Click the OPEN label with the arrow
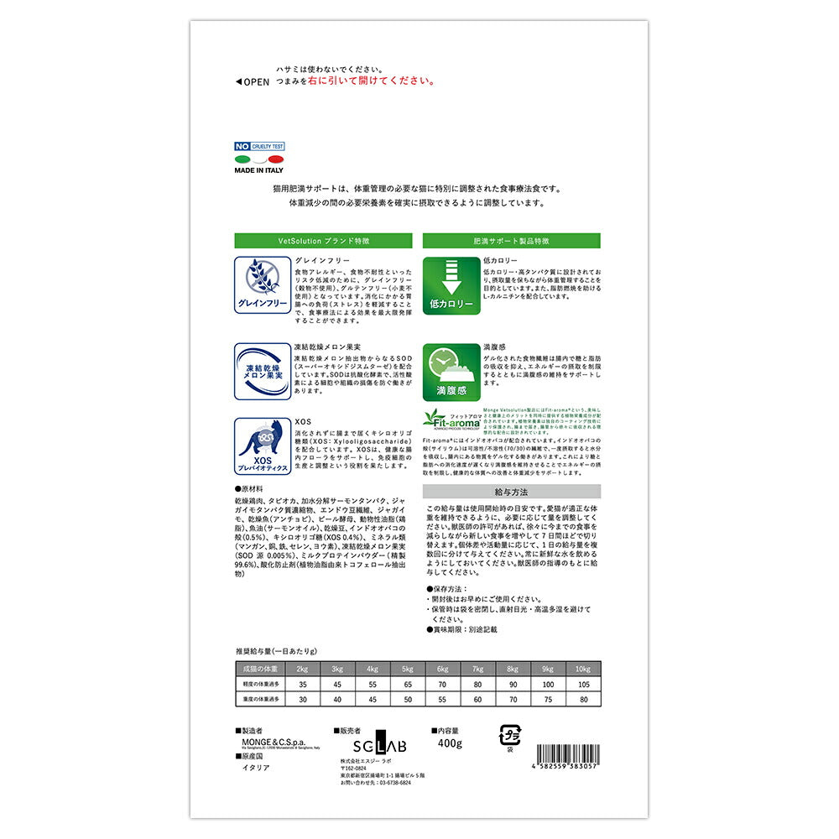point(252,81)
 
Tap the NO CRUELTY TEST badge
point(259,146)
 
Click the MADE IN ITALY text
point(258,169)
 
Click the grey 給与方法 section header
point(511,491)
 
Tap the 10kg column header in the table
point(583,669)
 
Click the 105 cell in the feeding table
point(583,685)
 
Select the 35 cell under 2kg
point(301,685)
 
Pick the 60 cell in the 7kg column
point(477,700)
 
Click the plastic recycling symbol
point(509,735)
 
